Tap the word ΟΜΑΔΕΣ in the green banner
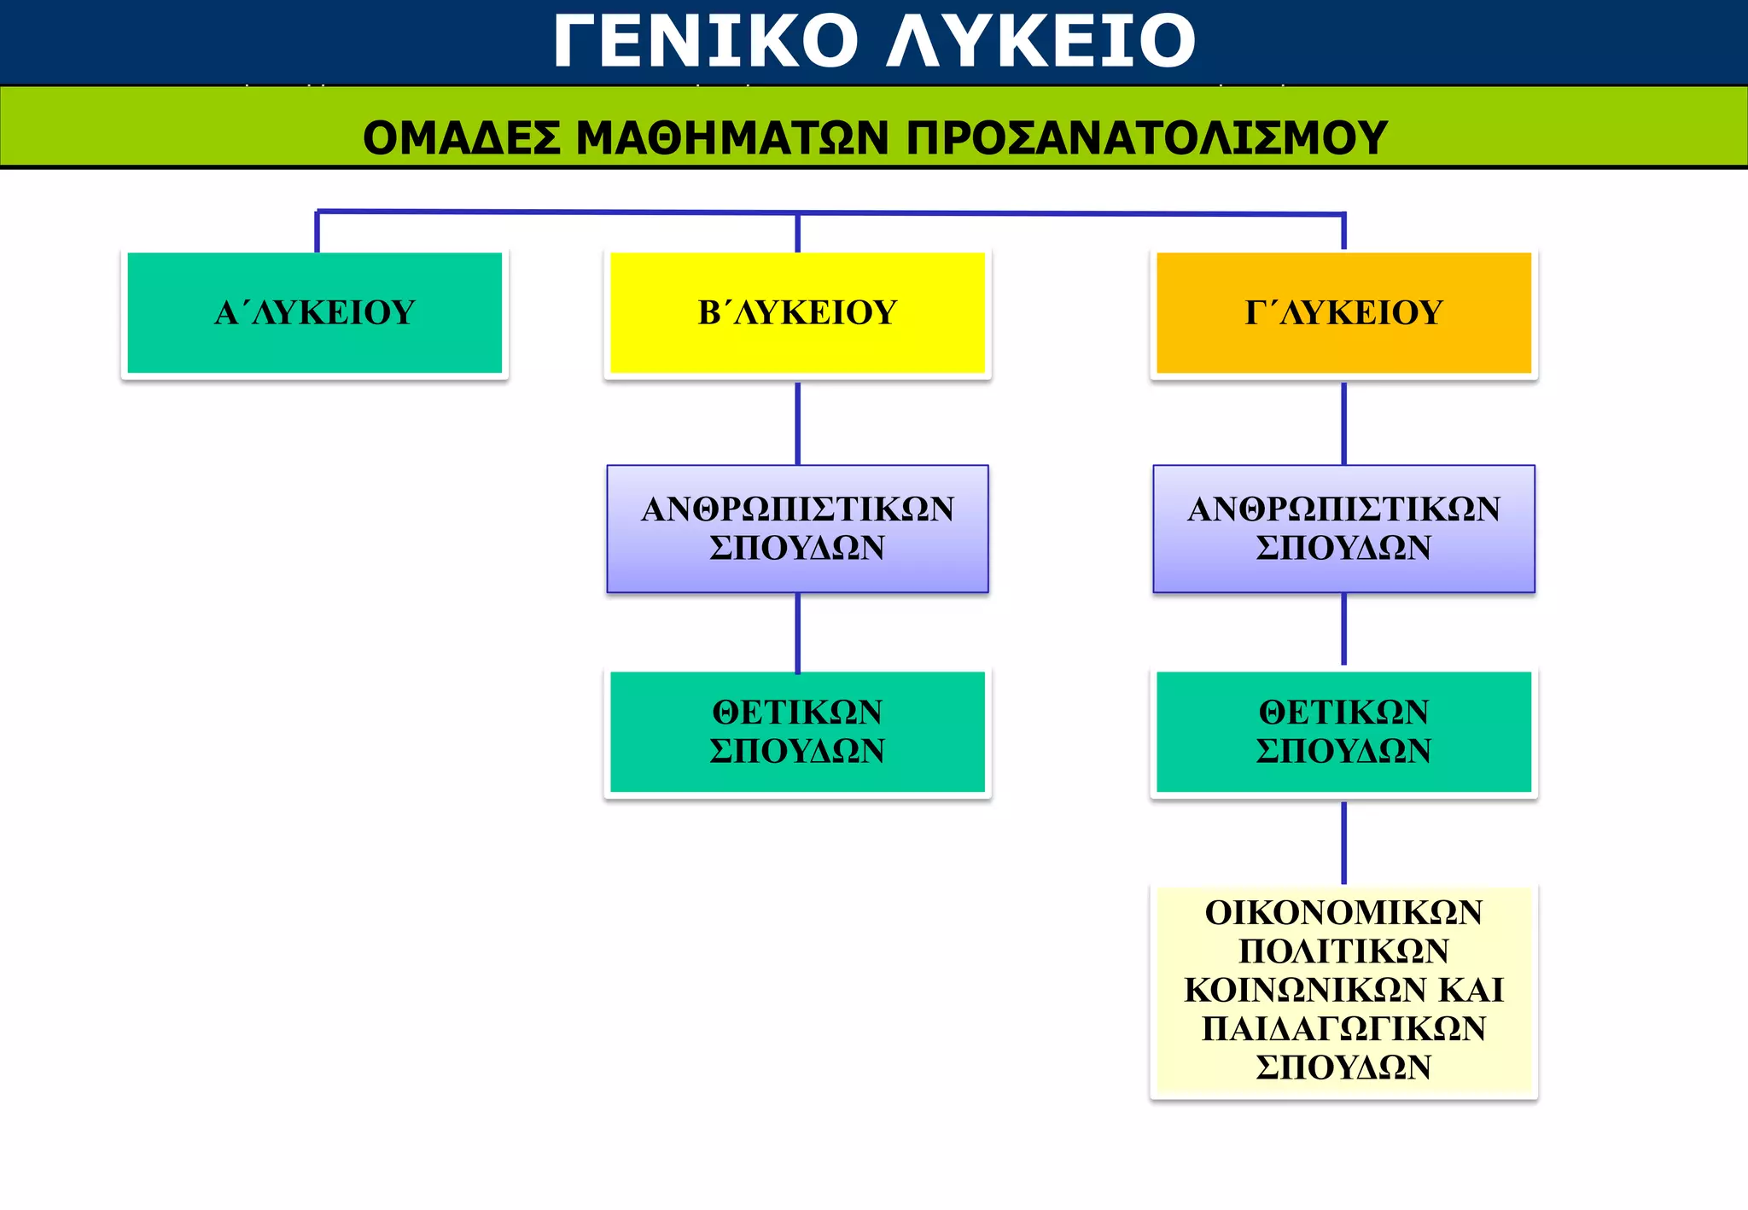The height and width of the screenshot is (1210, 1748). pyautogui.click(x=462, y=137)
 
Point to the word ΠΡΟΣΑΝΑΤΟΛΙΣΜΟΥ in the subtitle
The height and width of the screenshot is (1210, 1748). pyautogui.click(x=1146, y=137)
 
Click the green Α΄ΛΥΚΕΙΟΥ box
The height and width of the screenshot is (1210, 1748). pyautogui.click(x=315, y=313)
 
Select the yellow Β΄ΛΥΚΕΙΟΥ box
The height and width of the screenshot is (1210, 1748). pyautogui.click(x=797, y=313)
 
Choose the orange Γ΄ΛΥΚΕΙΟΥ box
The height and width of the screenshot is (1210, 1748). pyautogui.click(x=1343, y=313)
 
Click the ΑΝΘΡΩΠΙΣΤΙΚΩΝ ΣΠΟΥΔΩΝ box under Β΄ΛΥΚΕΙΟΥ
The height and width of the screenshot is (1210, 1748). pyautogui.click(x=797, y=528)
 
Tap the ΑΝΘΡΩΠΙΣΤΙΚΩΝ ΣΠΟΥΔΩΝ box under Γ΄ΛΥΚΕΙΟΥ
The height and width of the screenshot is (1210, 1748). pyautogui.click(x=1343, y=528)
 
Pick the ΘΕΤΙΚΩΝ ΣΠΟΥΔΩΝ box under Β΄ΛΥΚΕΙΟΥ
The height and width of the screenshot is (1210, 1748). pyautogui.click(x=797, y=732)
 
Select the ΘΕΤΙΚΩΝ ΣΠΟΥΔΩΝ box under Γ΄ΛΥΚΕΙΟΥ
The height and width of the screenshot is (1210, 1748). pyautogui.click(x=1343, y=732)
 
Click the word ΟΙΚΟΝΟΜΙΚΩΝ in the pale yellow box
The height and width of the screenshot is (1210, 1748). pyautogui.click(x=1343, y=912)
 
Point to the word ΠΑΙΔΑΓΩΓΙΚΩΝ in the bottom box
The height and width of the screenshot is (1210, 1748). pyautogui.click(x=1343, y=1028)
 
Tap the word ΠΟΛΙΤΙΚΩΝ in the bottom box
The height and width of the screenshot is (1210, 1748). pyautogui.click(x=1343, y=951)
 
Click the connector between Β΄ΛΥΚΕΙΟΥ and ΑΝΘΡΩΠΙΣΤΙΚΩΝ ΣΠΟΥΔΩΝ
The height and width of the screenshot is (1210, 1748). pyautogui.click(x=797, y=423)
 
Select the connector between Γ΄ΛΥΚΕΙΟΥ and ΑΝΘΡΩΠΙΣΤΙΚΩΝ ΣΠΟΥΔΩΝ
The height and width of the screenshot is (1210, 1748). pyautogui.click(x=1343, y=423)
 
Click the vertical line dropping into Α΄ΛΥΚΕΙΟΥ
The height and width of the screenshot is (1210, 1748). pyautogui.click(x=317, y=231)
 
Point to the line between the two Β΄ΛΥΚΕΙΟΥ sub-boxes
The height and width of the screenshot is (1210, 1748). pyautogui.click(x=797, y=632)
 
